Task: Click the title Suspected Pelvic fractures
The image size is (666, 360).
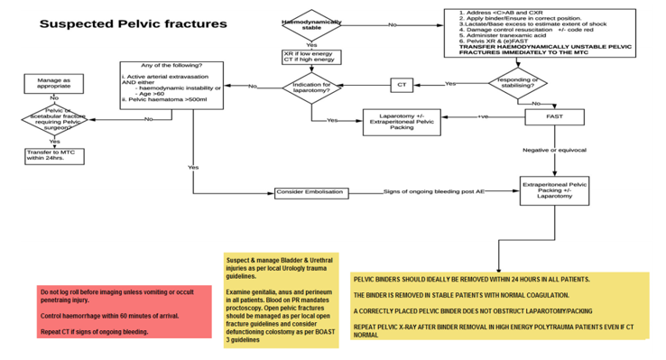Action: (133, 23)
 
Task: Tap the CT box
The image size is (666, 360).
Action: (402, 86)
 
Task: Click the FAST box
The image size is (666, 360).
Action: (553, 117)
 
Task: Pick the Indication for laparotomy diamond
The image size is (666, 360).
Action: (312, 87)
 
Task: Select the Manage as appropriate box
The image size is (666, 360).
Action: (54, 84)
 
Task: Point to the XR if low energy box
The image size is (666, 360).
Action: (311, 57)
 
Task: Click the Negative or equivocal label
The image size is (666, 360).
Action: (553, 149)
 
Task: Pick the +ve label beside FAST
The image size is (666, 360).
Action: (483, 115)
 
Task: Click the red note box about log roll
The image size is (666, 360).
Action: (122, 311)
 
